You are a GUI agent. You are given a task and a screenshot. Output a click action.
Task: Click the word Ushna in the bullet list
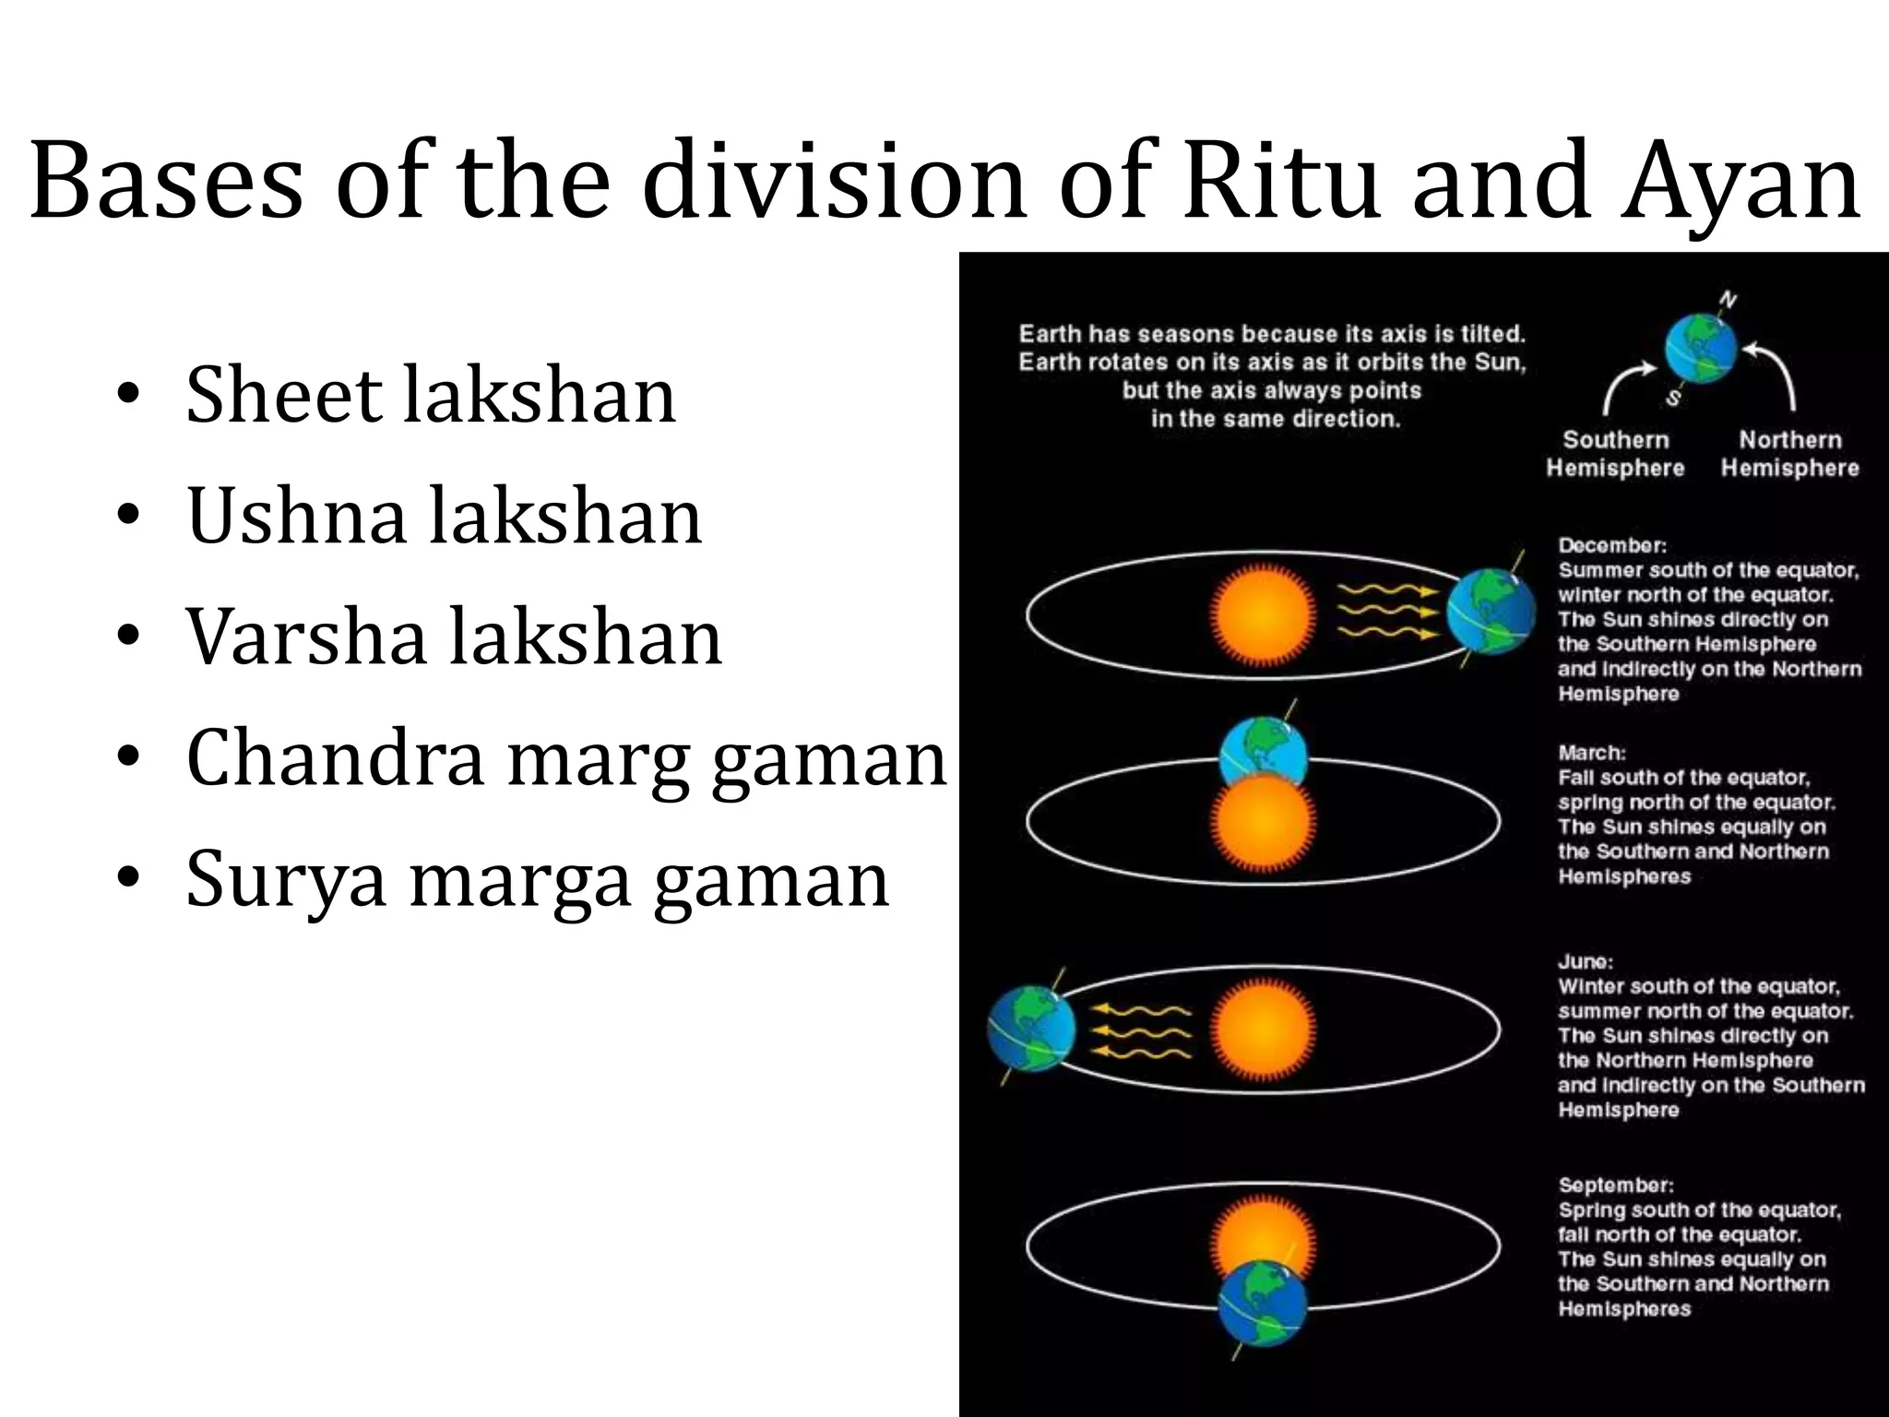pyautogui.click(x=296, y=516)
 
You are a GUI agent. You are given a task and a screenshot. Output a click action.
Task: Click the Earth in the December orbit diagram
pyautogui.click(x=1490, y=613)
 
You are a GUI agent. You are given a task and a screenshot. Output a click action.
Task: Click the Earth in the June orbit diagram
pyautogui.click(x=1031, y=1029)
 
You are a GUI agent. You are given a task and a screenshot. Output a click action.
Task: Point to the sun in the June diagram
pyautogui.click(x=1262, y=1029)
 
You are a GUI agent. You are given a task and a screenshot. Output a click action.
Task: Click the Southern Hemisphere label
pyautogui.click(x=1615, y=454)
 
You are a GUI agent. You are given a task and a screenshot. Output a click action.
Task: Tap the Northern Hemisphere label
pyautogui.click(x=1789, y=454)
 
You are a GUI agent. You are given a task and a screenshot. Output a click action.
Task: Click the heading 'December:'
pyautogui.click(x=1612, y=545)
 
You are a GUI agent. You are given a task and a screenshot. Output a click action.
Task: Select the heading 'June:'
pyautogui.click(x=1586, y=961)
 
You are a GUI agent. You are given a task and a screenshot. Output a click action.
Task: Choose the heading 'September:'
pyautogui.click(x=1616, y=1185)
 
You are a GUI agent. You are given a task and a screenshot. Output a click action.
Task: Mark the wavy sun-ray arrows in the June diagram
pyautogui.click(x=1142, y=1031)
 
